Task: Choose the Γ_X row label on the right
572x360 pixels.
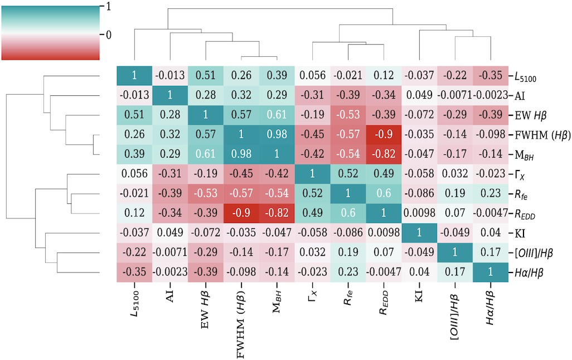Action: [520, 175]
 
